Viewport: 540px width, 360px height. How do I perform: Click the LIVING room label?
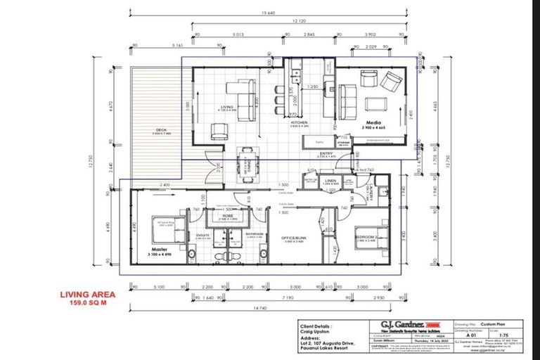point(226,108)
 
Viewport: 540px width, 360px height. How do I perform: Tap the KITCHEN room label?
point(300,122)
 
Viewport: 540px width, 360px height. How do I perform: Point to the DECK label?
point(160,129)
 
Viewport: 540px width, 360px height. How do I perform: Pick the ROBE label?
point(228,216)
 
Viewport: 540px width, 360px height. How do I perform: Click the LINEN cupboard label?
point(332,180)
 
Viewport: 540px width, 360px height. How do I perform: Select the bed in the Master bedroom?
point(166,230)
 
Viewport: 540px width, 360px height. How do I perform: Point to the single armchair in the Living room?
point(220,131)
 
